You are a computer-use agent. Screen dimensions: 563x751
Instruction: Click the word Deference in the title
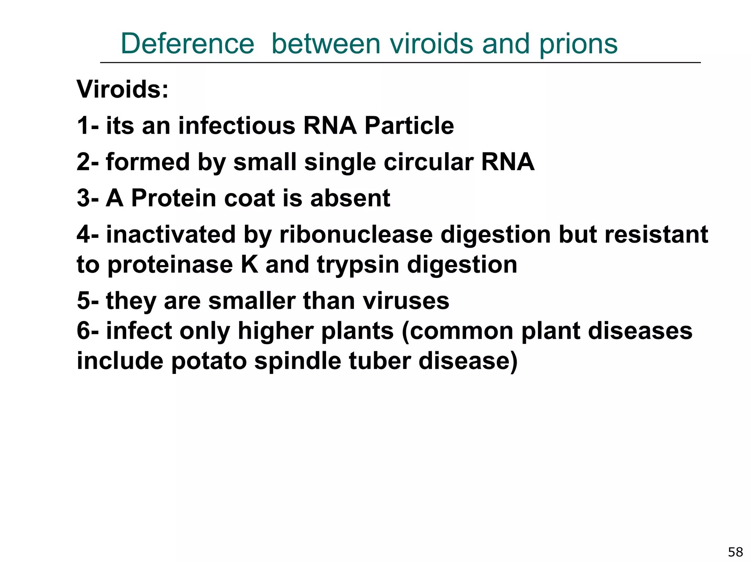(x=187, y=44)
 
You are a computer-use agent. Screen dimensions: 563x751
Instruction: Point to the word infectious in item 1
(x=237, y=125)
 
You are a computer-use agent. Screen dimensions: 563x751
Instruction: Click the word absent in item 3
(x=350, y=198)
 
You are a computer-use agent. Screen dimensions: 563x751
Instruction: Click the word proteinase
(x=170, y=265)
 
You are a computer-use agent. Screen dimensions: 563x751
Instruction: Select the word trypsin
(x=358, y=265)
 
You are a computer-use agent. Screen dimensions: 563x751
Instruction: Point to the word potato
(x=209, y=361)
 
